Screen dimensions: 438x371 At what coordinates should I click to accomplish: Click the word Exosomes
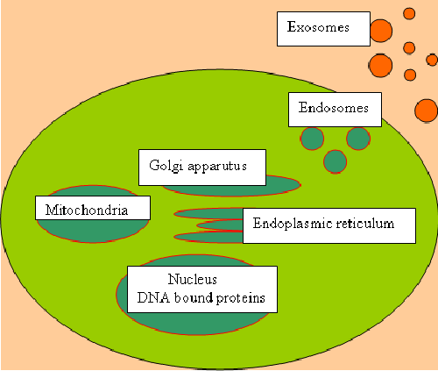tap(318, 27)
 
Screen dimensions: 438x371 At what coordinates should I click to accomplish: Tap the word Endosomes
tap(333, 108)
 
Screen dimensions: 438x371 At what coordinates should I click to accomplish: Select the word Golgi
tap(166, 166)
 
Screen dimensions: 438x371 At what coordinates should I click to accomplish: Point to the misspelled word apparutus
tap(217, 167)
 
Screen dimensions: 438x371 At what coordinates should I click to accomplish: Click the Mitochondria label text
tap(87, 210)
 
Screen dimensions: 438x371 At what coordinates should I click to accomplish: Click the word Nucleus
tap(193, 279)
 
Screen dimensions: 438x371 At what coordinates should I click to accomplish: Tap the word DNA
tap(153, 298)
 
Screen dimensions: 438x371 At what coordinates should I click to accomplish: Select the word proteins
tap(241, 298)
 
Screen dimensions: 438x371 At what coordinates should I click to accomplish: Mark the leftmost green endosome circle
tap(312, 139)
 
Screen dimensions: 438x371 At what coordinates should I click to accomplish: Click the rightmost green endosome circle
tap(358, 139)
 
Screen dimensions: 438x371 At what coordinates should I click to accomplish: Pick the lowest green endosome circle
tap(336, 161)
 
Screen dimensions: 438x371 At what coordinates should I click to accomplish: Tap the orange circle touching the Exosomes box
tap(381, 31)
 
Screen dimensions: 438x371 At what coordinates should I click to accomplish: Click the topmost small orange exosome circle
tap(409, 13)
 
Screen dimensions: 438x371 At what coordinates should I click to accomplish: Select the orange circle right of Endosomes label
tap(427, 111)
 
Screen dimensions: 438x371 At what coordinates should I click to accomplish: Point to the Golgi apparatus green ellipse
tap(283, 187)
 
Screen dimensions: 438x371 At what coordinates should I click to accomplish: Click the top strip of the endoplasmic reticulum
tap(208, 214)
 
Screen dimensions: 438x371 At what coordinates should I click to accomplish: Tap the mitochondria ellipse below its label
tap(93, 231)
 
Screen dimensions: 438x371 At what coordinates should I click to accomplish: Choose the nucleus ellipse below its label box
tap(199, 324)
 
